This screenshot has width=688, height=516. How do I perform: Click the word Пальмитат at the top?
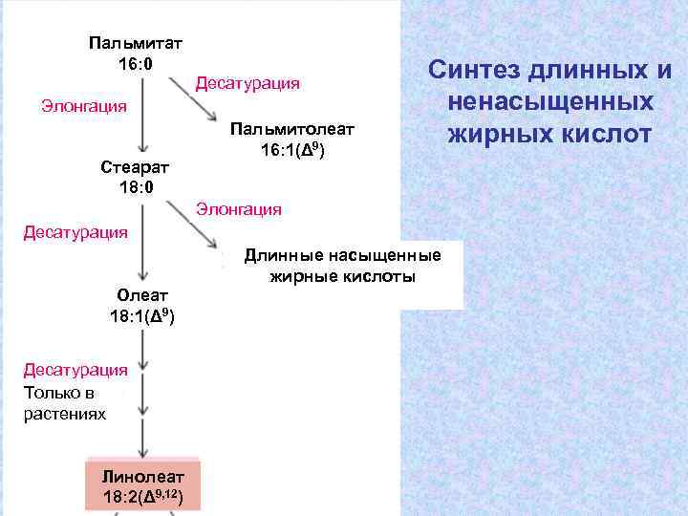136,43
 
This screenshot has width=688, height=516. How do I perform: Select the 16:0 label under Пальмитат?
136,63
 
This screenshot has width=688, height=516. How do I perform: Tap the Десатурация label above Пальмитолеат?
247,84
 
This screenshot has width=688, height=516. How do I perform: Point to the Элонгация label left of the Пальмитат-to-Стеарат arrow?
83,105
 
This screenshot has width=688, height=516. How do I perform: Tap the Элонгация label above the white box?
239,208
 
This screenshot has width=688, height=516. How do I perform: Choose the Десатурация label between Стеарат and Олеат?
75,232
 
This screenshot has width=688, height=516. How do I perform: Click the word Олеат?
141,295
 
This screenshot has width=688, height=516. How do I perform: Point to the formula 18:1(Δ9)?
141,314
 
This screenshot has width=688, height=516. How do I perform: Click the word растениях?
65,414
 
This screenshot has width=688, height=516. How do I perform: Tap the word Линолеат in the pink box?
143,476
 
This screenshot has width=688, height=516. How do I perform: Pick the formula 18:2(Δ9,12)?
143,496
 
